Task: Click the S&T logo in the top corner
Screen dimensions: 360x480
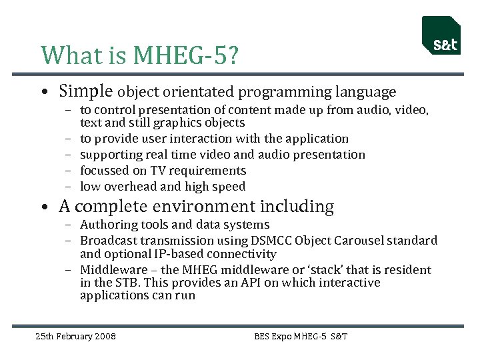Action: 441,36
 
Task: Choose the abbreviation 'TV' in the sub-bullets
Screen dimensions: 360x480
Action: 158,171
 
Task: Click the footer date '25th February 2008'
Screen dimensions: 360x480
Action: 75,336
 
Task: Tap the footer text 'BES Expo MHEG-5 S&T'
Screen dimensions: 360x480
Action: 301,336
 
